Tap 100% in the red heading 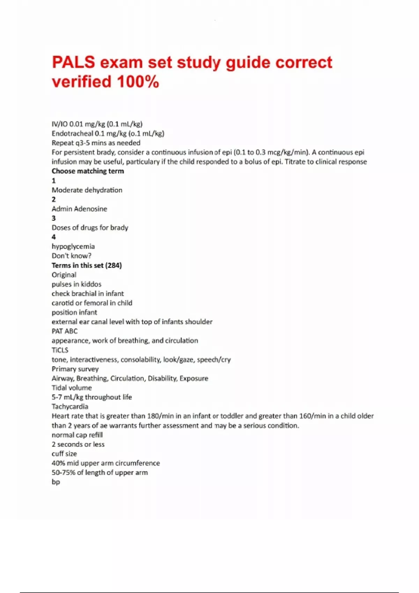tap(138, 82)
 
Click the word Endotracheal tap(72, 134)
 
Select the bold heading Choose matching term tap(88, 171)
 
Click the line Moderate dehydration tap(87, 190)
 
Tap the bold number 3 tap(54, 218)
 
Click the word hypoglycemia tap(73, 247)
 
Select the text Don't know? tap(72, 256)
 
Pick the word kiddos tap(91, 284)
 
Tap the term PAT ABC tap(65, 331)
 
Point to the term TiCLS tap(60, 350)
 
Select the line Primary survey tap(75, 369)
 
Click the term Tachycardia tap(70, 407)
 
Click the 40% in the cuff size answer tap(58, 463)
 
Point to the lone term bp tap(56, 482)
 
